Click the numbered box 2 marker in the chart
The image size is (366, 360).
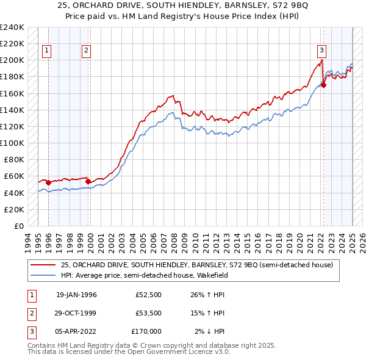tap(87, 51)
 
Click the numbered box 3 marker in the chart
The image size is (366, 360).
tap(321, 51)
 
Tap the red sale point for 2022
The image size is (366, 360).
tap(323, 85)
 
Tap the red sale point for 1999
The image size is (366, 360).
tap(88, 181)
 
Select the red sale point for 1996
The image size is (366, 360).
tap(49, 182)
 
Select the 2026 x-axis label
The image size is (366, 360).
tap(362, 240)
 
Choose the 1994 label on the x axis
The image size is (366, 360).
tap(27, 240)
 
